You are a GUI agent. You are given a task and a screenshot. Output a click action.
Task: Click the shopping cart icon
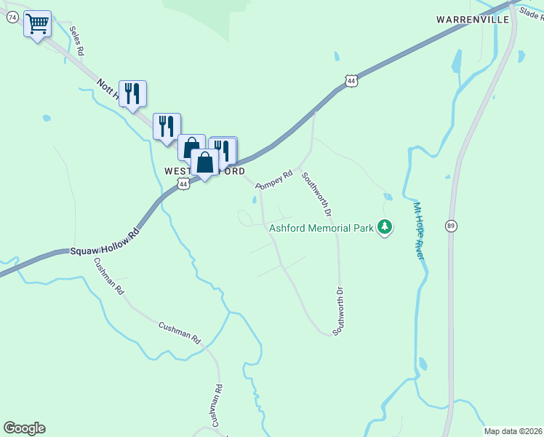tap(37, 24)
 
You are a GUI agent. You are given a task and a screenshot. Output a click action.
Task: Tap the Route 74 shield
tap(12, 17)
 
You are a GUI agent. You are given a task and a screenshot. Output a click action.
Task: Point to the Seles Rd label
tap(77, 42)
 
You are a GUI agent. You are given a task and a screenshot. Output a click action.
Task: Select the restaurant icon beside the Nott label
tap(132, 94)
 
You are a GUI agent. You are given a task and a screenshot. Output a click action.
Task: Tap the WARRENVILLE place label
tap(473, 19)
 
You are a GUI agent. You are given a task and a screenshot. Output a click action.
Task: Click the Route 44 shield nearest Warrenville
tap(352, 81)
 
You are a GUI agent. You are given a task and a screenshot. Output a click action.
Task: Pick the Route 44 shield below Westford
tap(183, 184)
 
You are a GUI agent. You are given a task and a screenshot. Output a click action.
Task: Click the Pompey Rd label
tap(274, 179)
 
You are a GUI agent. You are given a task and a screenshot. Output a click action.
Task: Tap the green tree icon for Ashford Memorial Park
tap(385, 228)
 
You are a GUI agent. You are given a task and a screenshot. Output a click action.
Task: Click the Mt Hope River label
tap(418, 230)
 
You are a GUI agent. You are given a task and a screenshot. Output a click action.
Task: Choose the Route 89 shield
tap(452, 225)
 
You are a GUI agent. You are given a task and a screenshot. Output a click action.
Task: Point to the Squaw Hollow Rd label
tap(104, 243)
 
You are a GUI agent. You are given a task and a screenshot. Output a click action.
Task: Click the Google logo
tap(24, 428)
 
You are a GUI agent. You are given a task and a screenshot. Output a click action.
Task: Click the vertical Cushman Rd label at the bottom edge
tap(215, 406)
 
